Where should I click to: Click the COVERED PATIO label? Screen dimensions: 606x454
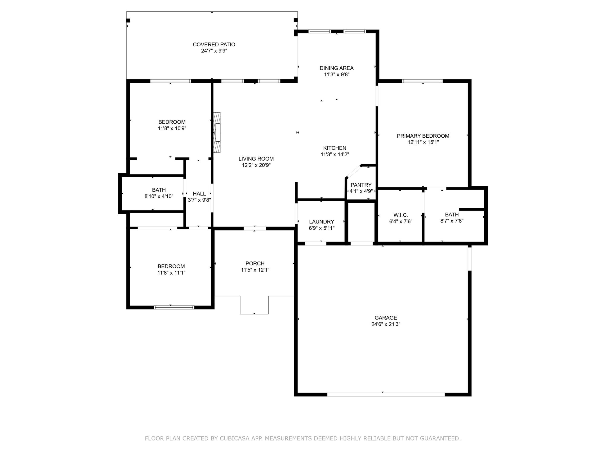click(x=214, y=44)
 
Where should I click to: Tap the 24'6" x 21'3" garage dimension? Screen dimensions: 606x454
click(x=386, y=324)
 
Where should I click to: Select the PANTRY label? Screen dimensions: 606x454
click(x=361, y=185)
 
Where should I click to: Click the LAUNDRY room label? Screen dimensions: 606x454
click(x=322, y=222)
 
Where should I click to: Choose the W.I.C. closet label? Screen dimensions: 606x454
click(x=401, y=215)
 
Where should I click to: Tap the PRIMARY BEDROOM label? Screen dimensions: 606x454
click(x=423, y=136)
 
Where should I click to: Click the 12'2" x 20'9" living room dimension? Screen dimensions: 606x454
click(x=256, y=165)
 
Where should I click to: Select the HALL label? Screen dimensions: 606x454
click(x=199, y=194)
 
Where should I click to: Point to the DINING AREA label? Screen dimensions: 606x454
click(x=336, y=68)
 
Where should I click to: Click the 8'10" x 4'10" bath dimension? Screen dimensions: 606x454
click(x=159, y=196)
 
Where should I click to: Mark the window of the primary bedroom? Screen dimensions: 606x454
click(x=422, y=81)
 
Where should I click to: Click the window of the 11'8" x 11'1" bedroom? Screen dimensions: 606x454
click(x=174, y=308)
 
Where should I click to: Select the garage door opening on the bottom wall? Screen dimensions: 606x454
click(x=386, y=395)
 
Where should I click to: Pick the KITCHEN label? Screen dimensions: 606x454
click(x=335, y=148)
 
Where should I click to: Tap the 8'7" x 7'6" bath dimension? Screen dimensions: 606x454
click(x=452, y=221)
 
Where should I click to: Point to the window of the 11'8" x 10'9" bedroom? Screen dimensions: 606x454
click(x=170, y=81)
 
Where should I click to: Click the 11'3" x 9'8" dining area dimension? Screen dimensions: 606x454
click(x=337, y=74)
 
